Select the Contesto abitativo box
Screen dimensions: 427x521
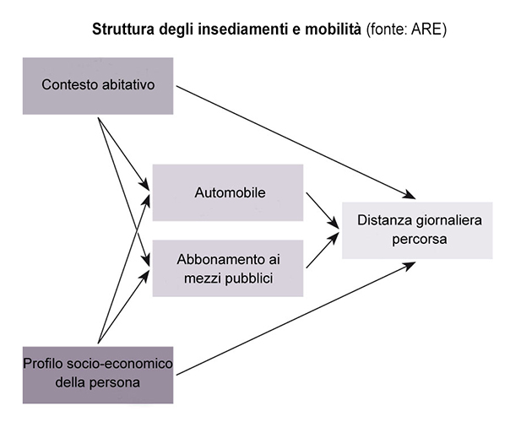tap(98, 85)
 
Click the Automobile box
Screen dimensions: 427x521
tap(227, 192)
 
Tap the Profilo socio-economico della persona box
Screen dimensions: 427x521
tap(98, 374)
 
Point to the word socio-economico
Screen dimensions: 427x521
tap(123, 365)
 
